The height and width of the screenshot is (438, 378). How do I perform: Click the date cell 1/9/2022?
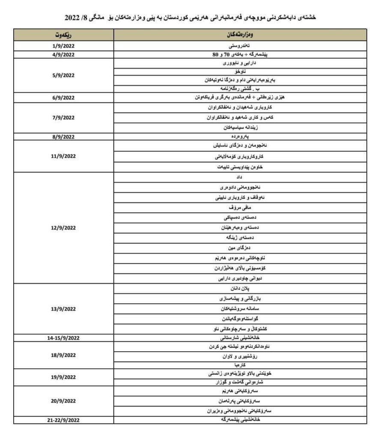pos(63,46)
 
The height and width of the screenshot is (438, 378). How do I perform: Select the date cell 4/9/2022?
pos(63,55)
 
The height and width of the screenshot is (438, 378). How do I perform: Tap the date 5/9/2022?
pos(63,75)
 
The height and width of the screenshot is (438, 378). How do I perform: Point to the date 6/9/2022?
pos(63,98)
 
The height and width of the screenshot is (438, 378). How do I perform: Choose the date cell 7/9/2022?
pos(63,118)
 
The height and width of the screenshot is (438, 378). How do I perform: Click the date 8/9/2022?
pos(63,137)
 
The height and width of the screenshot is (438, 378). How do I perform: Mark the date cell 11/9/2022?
pos(63,157)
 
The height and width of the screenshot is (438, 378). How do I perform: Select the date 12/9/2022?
pos(63,228)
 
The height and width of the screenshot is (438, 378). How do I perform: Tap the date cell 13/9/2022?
pos(63,308)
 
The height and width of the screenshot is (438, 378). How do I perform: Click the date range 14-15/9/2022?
pos(63,338)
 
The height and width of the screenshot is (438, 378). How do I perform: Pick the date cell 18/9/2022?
pos(63,355)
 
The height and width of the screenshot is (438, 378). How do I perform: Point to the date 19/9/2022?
pos(63,377)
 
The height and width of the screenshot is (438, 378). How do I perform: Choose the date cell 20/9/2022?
pos(63,401)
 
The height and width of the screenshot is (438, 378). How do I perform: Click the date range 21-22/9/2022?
pos(63,420)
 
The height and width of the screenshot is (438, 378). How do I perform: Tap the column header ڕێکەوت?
pos(63,35)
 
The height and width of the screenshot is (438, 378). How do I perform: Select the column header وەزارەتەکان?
pos(240,35)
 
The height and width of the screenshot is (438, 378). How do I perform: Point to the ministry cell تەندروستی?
pos(240,46)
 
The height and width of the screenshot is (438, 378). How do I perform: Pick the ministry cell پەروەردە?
pos(240,137)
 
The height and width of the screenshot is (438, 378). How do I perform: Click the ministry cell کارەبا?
pos(240,364)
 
